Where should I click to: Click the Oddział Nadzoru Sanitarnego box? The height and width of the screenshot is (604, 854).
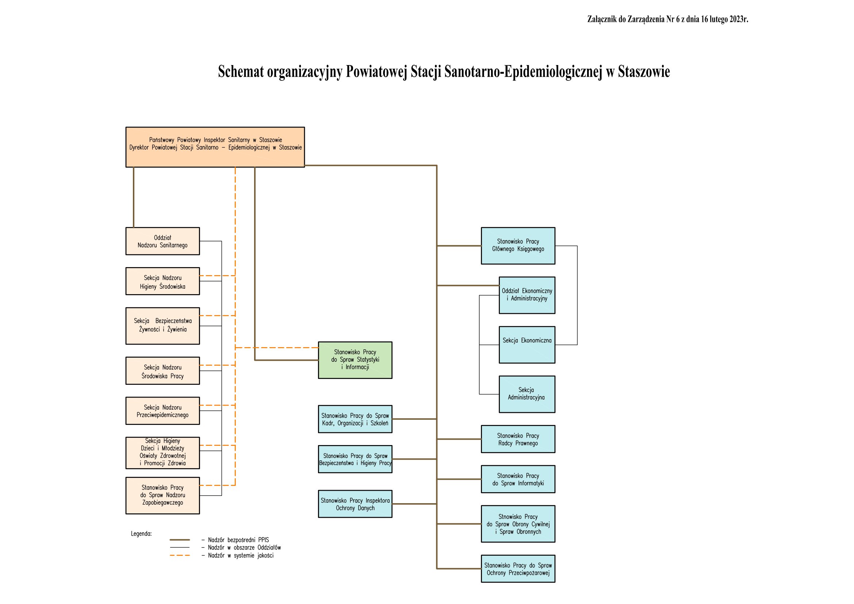162,241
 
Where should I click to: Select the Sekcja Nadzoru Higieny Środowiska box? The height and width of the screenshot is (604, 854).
162,281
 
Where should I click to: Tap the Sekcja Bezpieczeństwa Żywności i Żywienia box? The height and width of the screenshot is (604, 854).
162,326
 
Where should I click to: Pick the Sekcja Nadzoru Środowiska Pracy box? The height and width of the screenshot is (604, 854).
162,371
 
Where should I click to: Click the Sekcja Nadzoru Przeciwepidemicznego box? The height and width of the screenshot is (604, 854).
162,411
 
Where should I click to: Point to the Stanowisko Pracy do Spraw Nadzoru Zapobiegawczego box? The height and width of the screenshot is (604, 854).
162,496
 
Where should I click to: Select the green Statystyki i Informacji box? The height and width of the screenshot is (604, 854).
355,360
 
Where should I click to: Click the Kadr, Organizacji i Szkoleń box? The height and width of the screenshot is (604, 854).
355,419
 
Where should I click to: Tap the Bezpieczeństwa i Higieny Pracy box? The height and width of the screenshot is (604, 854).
355,459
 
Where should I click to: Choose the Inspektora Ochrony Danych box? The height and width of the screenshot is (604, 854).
355,504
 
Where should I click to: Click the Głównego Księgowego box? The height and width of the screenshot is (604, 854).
518,246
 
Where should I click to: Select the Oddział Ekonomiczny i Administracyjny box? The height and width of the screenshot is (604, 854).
527,295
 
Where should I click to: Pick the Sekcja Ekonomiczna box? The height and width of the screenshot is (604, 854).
527,345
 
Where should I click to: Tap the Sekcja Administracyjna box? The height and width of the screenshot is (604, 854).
527,394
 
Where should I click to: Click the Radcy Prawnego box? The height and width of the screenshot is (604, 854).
518,439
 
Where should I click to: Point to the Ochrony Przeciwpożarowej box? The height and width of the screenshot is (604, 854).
518,569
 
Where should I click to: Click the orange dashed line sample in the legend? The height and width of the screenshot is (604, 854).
180,555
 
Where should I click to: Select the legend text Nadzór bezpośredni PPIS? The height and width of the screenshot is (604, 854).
238,540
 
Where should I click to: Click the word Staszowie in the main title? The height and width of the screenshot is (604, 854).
644,72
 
